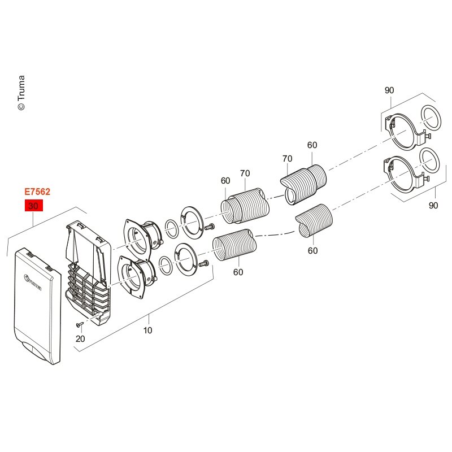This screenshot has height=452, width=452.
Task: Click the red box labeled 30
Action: (x=34, y=206)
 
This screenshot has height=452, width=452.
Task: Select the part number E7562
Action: (x=37, y=192)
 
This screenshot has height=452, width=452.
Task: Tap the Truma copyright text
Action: (x=21, y=93)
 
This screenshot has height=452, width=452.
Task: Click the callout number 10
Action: (x=147, y=331)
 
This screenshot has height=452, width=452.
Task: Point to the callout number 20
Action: (x=80, y=338)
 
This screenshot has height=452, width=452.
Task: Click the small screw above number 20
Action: (x=80, y=325)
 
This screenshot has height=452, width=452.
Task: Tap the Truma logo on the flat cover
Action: (x=33, y=283)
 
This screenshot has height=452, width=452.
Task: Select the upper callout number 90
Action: (x=389, y=90)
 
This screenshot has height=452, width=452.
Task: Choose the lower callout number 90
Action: (x=433, y=206)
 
